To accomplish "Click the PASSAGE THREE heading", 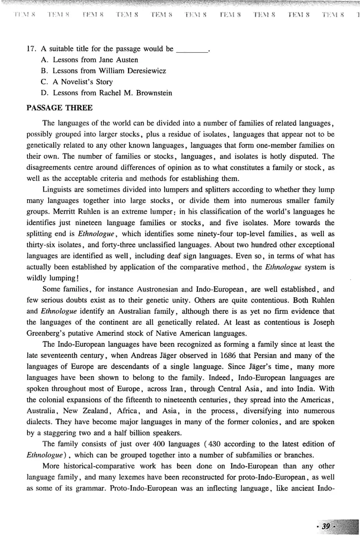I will [59, 108].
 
